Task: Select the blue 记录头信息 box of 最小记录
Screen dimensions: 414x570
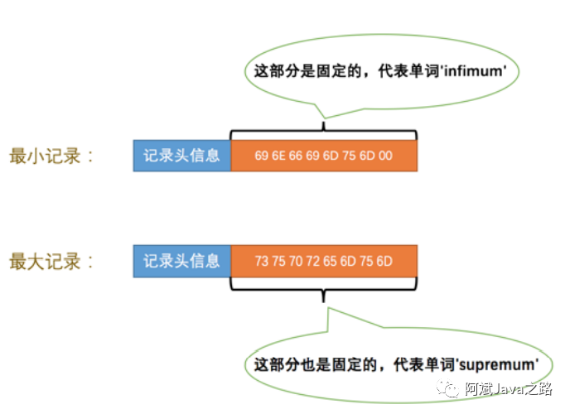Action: coord(181,156)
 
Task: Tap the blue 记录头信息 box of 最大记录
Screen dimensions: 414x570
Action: coord(181,262)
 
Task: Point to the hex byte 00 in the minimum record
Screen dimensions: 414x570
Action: coord(385,156)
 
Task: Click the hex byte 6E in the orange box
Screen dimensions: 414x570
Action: coord(282,156)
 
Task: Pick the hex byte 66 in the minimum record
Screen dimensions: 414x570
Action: coord(302,156)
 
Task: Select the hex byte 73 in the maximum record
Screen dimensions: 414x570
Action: coord(262,262)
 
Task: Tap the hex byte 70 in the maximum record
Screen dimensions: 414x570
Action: coord(302,262)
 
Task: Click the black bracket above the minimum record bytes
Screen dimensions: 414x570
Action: coord(324,131)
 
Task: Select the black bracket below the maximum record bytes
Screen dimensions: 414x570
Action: coord(324,286)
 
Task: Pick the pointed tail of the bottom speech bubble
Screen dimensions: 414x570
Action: coord(328,310)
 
